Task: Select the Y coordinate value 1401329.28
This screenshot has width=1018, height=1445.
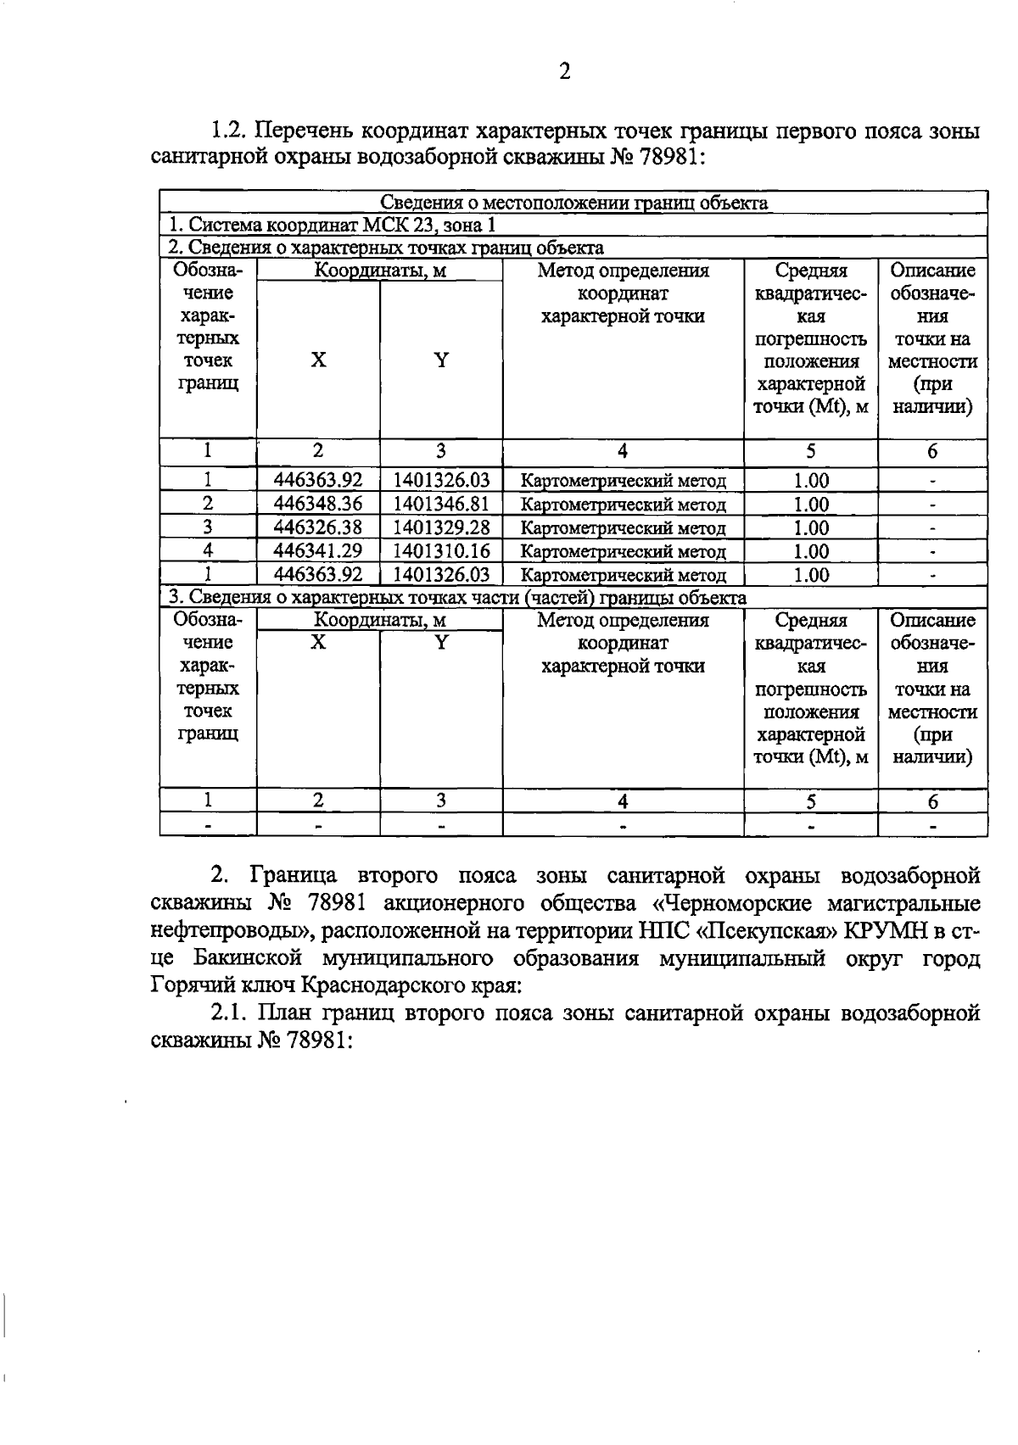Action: click(x=441, y=527)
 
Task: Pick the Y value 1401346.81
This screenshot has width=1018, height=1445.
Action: click(x=441, y=505)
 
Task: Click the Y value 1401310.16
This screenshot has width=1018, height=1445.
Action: click(x=441, y=551)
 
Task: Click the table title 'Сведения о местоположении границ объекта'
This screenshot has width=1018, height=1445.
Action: click(x=573, y=203)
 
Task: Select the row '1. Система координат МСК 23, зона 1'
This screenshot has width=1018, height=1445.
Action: click(x=331, y=225)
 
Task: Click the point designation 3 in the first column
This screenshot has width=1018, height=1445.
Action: click(x=207, y=527)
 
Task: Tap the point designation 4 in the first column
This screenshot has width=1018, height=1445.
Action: click(x=207, y=551)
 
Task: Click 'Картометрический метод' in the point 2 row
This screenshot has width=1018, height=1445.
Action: click(x=623, y=505)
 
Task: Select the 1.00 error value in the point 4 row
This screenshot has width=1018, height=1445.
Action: click(x=810, y=551)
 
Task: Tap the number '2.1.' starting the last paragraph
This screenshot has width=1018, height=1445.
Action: click(x=228, y=1013)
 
